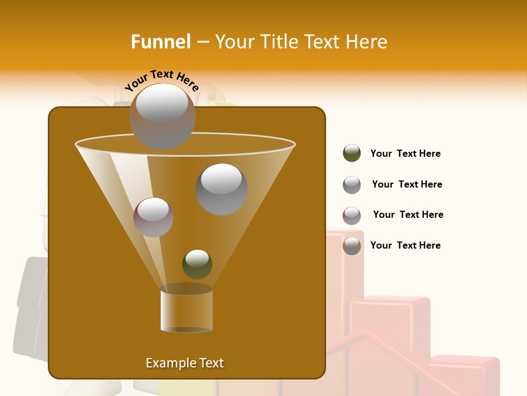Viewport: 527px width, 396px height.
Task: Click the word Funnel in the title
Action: (x=161, y=42)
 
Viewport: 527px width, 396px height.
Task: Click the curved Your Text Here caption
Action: (x=161, y=81)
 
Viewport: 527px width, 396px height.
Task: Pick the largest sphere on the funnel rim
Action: (x=162, y=116)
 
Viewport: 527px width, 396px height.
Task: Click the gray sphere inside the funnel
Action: (x=221, y=189)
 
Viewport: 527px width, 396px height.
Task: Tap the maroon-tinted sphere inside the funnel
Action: (x=153, y=217)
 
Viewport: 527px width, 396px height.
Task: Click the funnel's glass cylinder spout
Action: (x=187, y=309)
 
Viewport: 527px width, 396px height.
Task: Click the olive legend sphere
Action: (x=352, y=153)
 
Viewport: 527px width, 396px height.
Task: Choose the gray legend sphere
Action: (x=352, y=184)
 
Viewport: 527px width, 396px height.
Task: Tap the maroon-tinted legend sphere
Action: (x=352, y=215)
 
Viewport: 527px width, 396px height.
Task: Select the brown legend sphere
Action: (x=352, y=245)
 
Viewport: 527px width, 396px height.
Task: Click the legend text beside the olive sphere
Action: (x=405, y=153)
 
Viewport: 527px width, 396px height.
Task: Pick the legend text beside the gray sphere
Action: (x=407, y=184)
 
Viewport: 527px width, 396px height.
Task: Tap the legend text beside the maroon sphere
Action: (x=408, y=215)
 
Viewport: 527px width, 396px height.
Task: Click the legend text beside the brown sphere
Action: (x=405, y=245)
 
